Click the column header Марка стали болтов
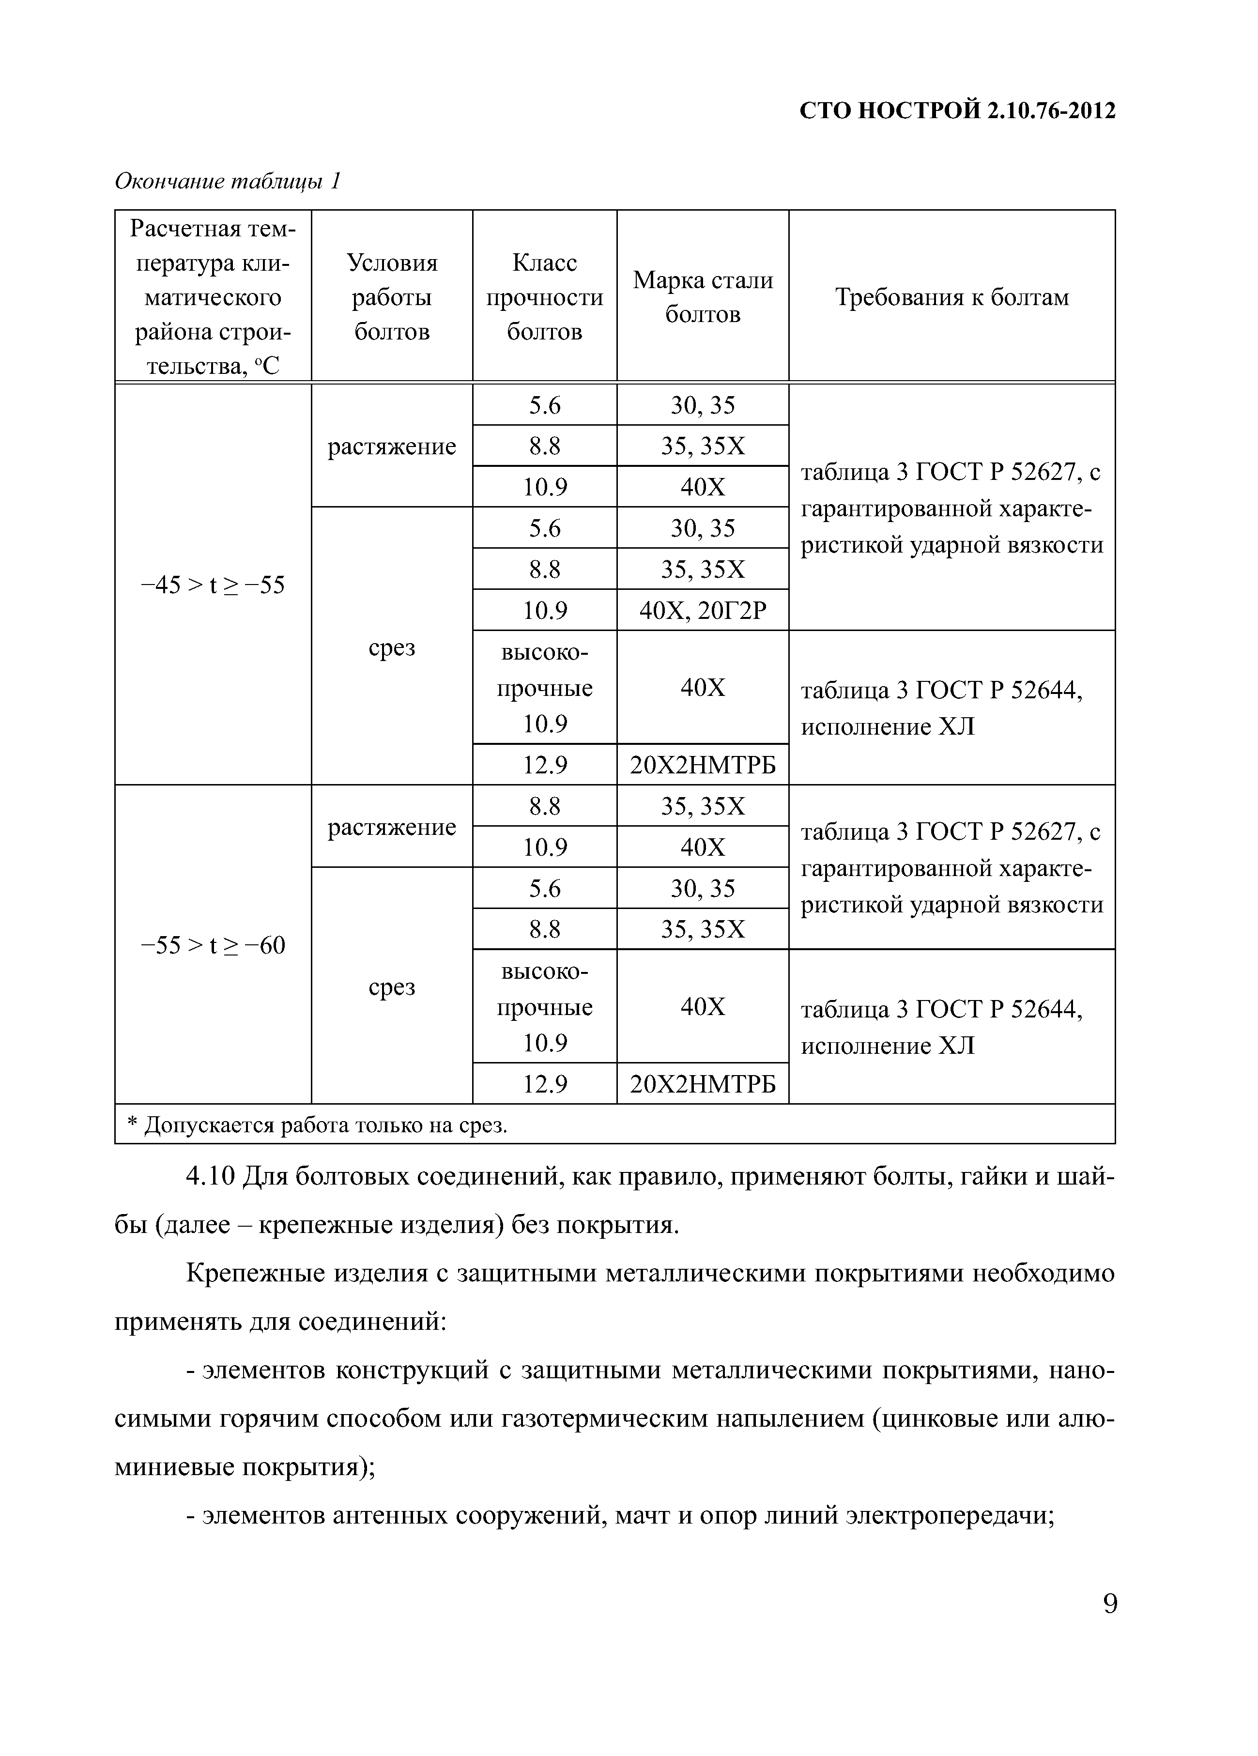(x=702, y=296)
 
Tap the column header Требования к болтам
(x=951, y=297)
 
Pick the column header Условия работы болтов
(x=392, y=296)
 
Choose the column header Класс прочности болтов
(x=544, y=296)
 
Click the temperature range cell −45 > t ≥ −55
(x=213, y=585)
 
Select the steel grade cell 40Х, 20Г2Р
(x=702, y=611)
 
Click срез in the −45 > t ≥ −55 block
(x=392, y=647)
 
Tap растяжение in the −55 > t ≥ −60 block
(x=392, y=827)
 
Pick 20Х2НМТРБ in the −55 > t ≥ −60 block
(x=702, y=1084)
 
